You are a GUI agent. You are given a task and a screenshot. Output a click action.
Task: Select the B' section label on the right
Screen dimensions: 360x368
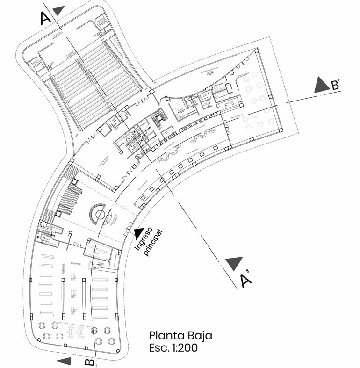tap(338, 85)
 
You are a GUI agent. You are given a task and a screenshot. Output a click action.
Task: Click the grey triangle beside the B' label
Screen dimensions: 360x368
tap(322, 85)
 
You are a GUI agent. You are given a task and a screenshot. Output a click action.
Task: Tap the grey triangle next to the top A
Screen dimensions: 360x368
tap(58, 10)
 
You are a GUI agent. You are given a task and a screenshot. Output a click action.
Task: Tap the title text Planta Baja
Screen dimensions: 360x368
tap(180, 335)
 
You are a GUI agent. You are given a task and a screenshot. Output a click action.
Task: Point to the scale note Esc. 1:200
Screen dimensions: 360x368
tap(173, 347)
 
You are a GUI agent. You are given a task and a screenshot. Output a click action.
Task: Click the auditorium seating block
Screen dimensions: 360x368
tap(94, 84)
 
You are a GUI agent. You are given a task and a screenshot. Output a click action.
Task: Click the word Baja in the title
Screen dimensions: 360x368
tap(200, 335)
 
